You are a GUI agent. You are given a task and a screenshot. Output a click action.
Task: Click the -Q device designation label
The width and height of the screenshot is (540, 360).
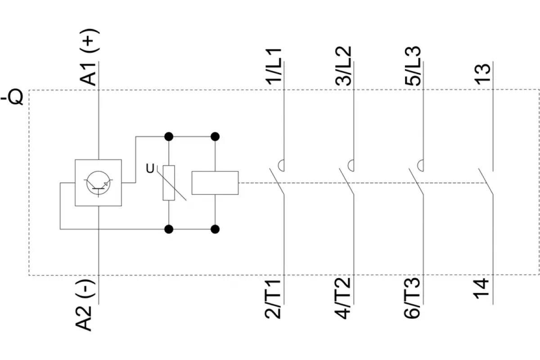tap(12, 97)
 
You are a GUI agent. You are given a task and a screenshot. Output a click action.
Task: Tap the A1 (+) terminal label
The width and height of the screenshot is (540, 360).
tap(90, 57)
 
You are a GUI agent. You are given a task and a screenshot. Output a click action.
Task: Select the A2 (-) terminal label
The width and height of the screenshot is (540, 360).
tap(85, 305)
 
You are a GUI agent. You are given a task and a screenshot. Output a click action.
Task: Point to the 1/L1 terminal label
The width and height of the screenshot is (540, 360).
tap(274, 67)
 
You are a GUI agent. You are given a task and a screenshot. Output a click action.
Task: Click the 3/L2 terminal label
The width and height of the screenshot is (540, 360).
tap(343, 66)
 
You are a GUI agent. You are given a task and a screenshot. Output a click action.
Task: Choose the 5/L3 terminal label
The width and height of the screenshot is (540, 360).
tap(413, 66)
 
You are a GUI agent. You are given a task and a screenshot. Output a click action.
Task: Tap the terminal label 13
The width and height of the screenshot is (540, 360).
tap(482, 74)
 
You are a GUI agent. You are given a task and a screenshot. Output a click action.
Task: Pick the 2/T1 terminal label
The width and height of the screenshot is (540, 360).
tap(273, 299)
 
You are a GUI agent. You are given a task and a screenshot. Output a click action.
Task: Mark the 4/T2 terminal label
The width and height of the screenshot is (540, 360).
tap(342, 298)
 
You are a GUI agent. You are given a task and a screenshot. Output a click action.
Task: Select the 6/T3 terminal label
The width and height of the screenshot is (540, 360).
tap(412, 298)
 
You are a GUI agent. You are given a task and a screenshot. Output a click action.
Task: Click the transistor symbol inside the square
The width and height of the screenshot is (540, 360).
tap(99, 183)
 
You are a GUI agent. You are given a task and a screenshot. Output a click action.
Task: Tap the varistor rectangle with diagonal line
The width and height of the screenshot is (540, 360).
tap(169, 183)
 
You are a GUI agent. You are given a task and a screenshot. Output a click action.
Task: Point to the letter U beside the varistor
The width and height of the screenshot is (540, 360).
tap(150, 169)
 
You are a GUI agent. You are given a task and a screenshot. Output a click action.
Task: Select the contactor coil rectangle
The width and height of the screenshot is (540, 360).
tap(215, 183)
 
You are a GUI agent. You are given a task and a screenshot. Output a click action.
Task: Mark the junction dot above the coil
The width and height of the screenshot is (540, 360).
tap(215, 136)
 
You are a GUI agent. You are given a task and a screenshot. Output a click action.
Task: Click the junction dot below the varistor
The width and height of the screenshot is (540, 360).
tap(169, 229)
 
